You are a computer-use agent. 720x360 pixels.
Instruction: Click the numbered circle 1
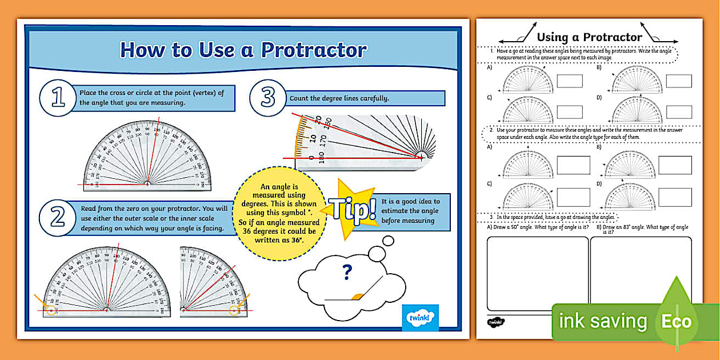tap(58, 98)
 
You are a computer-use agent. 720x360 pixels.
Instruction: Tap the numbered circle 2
tap(58, 217)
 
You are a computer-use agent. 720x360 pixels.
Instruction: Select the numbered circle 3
tap(267, 98)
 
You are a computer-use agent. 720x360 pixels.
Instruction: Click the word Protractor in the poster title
tap(313, 50)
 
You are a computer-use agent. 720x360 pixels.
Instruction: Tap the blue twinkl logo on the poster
tap(420, 318)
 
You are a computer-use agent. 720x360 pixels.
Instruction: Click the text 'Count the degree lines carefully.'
tap(339, 98)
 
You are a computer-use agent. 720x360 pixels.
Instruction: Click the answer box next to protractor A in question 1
tap(569, 81)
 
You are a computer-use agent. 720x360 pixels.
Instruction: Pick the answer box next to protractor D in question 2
tap(674, 197)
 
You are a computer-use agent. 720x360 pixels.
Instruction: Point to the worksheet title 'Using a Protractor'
tap(589, 37)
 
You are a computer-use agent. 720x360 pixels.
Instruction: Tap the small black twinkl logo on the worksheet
tap(495, 322)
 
